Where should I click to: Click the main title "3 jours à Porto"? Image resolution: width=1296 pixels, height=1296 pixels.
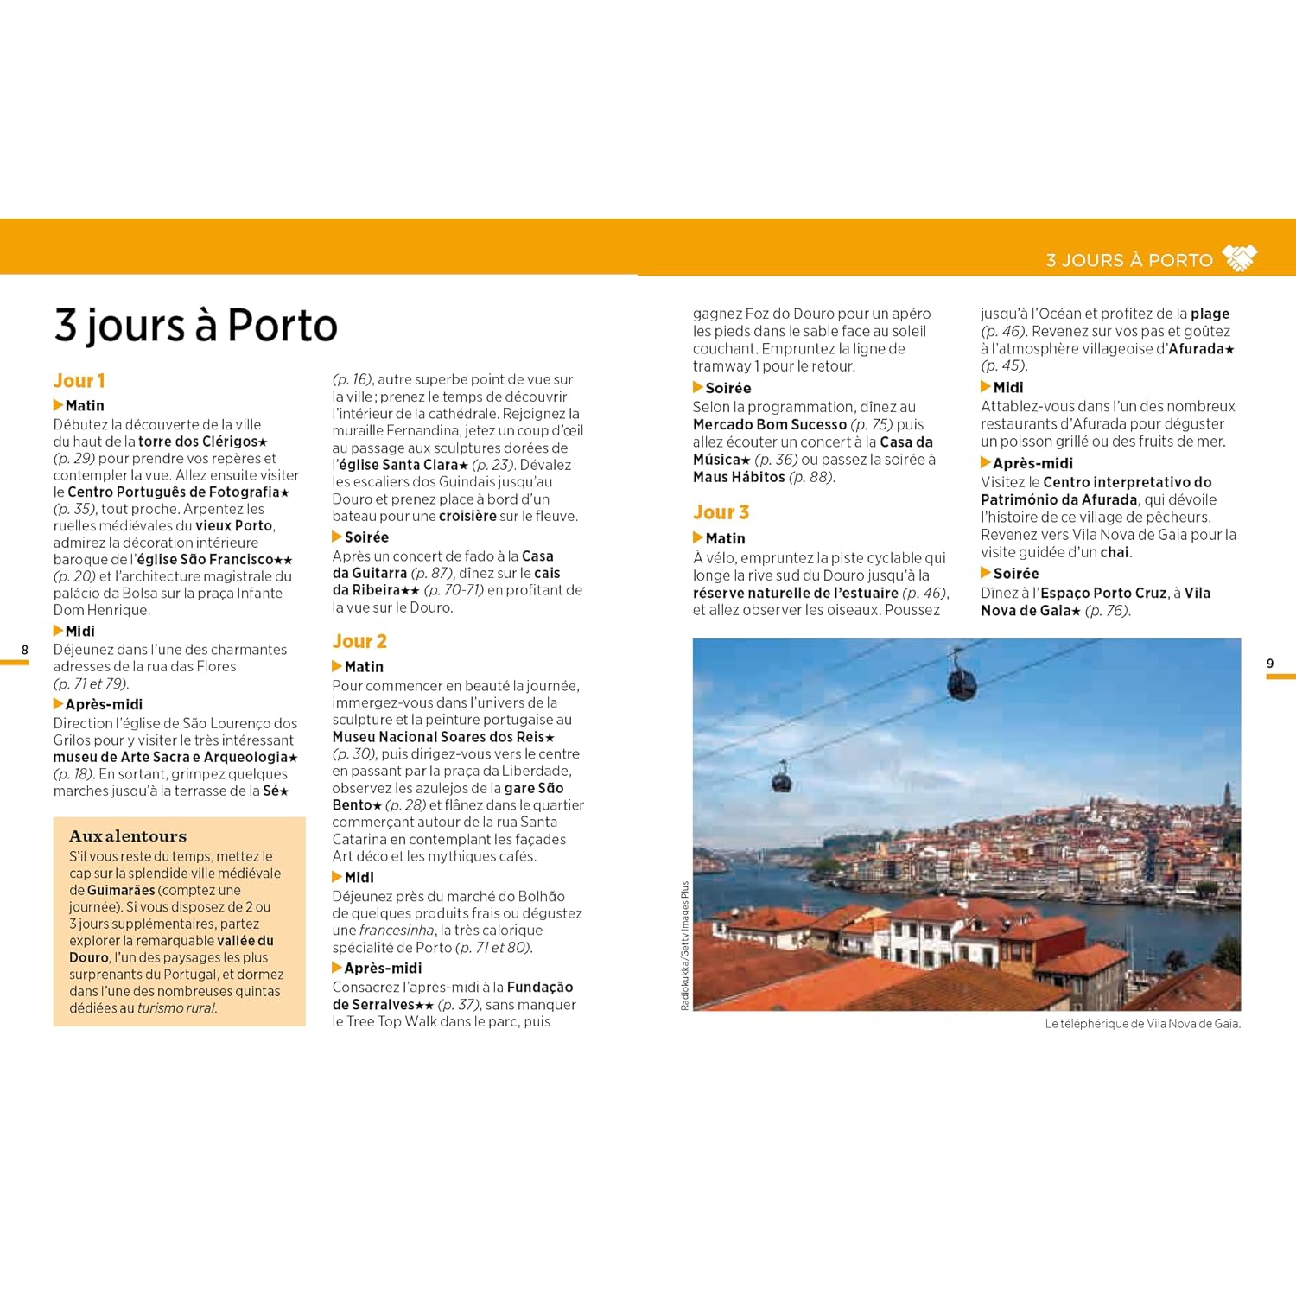pos(195,325)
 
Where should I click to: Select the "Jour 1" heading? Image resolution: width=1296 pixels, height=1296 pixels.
pos(79,381)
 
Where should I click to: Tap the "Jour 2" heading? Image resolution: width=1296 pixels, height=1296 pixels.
pos(359,641)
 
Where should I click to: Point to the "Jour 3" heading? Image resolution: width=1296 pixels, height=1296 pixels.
pos(721,512)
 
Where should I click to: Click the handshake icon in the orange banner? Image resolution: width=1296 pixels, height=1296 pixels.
pos(1241,258)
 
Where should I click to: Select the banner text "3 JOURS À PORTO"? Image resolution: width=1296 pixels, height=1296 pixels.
pos(1129,260)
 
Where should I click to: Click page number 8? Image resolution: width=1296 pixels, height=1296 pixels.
pos(24,650)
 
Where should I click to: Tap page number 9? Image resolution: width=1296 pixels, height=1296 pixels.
pos(1270,664)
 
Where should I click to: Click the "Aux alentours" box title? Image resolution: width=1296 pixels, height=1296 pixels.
pos(128,836)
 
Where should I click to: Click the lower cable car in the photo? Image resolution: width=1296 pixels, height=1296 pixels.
pos(781,780)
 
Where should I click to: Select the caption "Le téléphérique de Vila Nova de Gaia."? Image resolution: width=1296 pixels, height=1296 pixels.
pos(1142,1024)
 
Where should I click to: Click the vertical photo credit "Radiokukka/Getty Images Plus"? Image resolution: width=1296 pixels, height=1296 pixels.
pos(685,945)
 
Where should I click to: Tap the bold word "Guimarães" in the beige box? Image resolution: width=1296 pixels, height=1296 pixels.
pos(121,890)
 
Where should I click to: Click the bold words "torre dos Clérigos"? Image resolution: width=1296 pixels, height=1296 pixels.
pos(198,442)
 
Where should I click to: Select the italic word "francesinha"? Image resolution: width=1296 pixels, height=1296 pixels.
pos(397,931)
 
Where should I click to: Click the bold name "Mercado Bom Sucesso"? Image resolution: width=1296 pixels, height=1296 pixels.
pos(769,424)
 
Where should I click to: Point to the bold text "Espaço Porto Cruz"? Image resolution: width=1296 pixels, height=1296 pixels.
pos(1103,593)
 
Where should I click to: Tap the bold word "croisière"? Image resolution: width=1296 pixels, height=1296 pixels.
pos(467,516)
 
